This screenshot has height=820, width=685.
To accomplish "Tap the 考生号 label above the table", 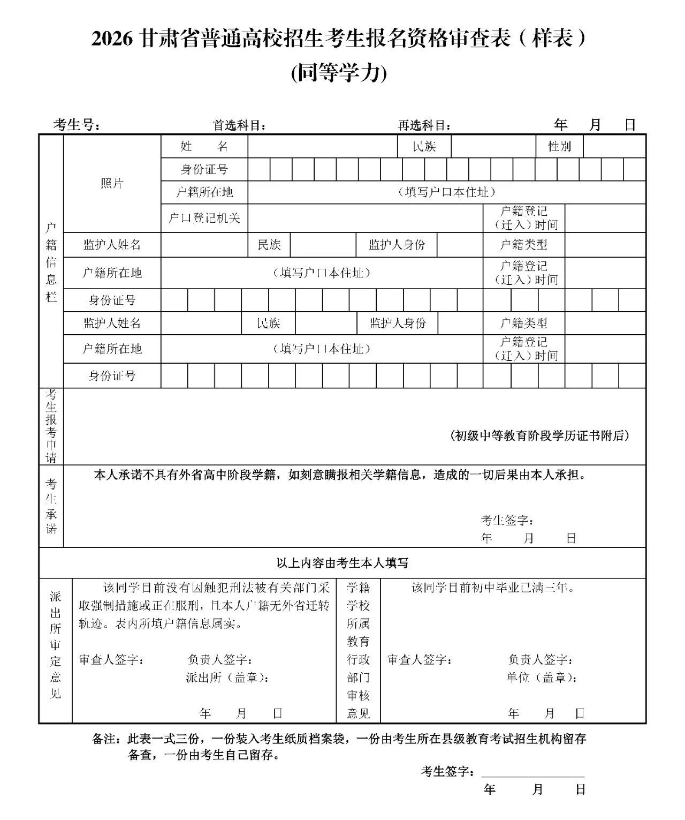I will click(77, 125).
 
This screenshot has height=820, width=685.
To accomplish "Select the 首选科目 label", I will click(239, 125).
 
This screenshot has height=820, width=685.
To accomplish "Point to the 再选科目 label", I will click(424, 125).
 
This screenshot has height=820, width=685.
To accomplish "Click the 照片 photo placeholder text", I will click(112, 184).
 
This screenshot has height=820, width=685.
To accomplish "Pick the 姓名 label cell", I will click(204, 146).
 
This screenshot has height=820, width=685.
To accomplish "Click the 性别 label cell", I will click(559, 146).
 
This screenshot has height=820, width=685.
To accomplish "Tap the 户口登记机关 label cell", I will click(204, 218).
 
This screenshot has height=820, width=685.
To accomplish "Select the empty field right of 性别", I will click(614, 146).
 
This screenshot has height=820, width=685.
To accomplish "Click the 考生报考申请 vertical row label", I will click(51, 426).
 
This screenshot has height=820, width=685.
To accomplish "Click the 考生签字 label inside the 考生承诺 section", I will click(506, 520).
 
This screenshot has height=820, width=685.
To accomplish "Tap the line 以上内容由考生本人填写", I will click(342, 563).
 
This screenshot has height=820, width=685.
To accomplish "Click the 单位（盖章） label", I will click(542, 678).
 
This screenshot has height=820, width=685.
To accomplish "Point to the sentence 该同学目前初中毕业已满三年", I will click(492, 588).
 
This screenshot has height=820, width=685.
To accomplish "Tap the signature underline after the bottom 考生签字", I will click(532, 774).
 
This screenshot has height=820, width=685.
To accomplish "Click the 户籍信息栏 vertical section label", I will click(51, 262).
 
